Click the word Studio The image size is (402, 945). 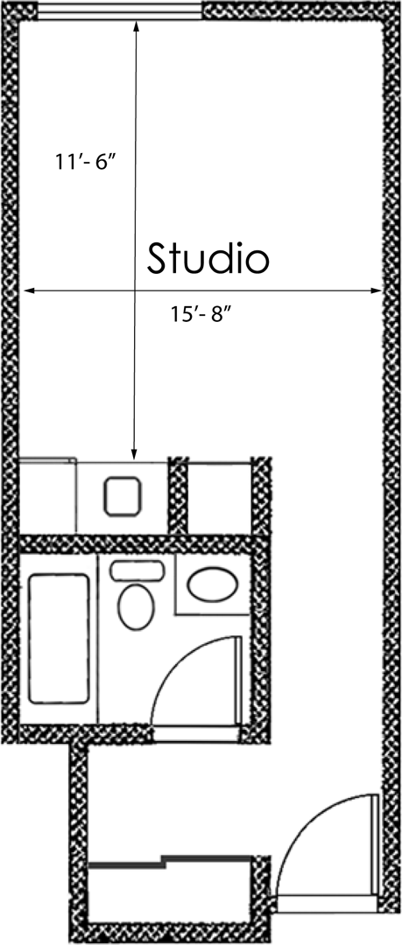click(208, 258)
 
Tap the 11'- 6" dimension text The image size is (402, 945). click(85, 163)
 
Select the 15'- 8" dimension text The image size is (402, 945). click(200, 315)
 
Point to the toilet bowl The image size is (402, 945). click(134, 606)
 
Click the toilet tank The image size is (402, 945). click(138, 570)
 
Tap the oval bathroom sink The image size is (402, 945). click(211, 584)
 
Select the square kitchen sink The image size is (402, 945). click(122, 496)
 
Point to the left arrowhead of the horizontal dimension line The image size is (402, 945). click(27, 290)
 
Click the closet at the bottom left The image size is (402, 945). click(171, 892)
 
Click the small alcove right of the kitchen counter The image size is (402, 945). click(220, 496)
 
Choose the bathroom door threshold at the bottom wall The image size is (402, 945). click(194, 727)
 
